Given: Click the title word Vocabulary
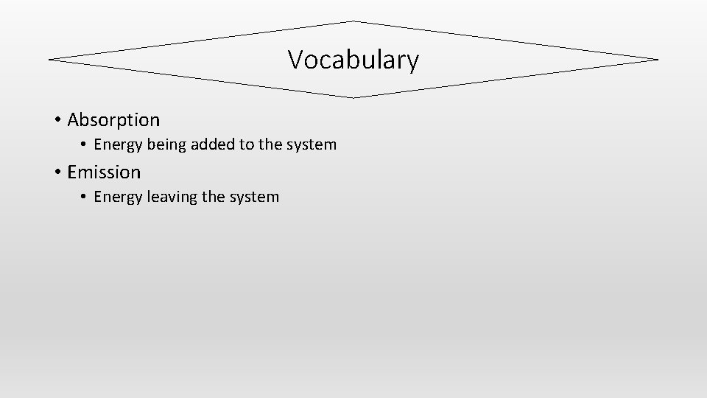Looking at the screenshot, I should tap(353, 60).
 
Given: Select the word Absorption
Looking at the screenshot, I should tap(113, 119).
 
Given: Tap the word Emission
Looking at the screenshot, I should tap(104, 172).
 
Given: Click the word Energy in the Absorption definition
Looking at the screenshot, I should tap(118, 145).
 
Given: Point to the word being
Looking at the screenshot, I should tap(166, 145).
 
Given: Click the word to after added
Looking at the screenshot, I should tap(244, 145).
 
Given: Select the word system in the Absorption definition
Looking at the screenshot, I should tap(311, 145).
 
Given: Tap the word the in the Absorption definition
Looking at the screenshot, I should tap(269, 144).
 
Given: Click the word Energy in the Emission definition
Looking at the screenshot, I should tap(118, 198).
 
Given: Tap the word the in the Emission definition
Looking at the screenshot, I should tap(212, 197).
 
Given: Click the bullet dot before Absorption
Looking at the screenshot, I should tap(57, 119).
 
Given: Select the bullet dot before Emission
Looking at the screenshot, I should tap(57, 172).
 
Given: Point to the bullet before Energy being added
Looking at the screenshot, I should tap(84, 145).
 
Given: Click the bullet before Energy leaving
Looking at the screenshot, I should tap(84, 198).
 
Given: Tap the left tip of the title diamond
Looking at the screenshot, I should tap(49, 59).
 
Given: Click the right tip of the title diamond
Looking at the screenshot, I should tap(657, 59).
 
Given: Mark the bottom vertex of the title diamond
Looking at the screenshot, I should tap(353, 97).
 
